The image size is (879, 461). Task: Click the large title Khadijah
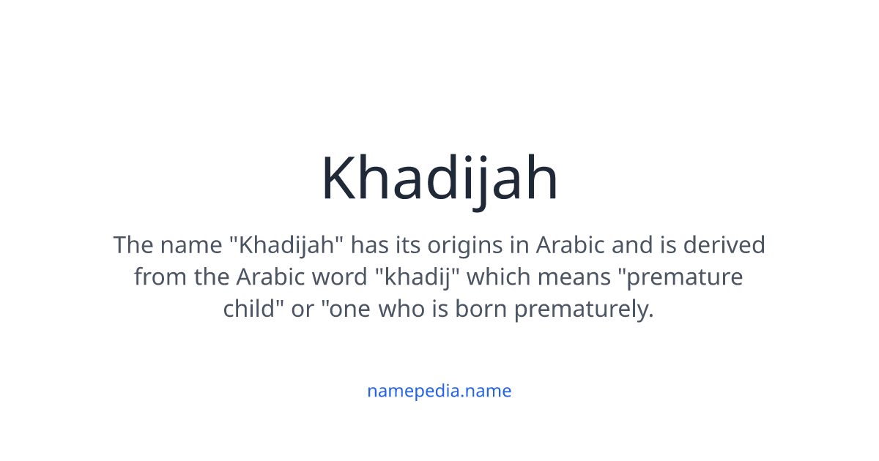(x=439, y=179)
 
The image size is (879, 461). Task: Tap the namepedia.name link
(x=439, y=391)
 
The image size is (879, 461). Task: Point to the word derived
(x=724, y=244)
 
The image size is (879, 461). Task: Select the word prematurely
(x=583, y=310)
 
